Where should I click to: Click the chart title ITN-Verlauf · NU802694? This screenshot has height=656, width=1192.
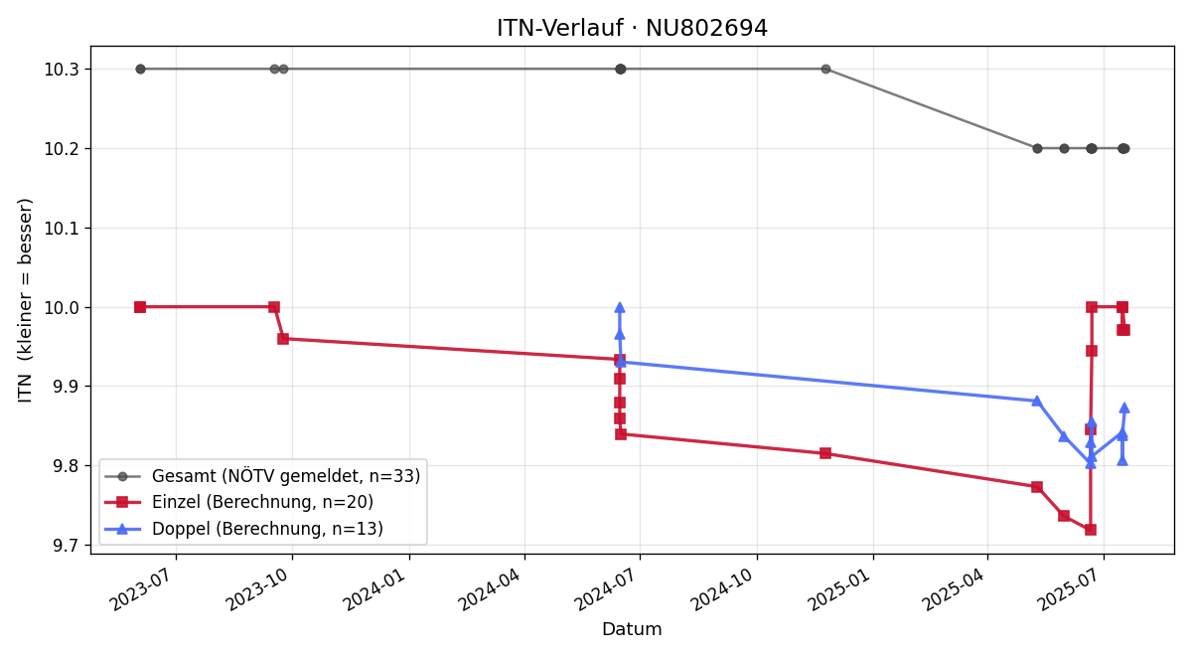pos(632,28)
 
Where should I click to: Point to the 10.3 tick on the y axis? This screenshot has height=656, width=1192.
pos(62,70)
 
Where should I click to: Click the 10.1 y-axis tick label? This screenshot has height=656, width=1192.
pos(62,229)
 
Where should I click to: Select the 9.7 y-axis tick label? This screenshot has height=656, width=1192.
pos(65,546)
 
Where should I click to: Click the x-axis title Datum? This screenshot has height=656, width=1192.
pos(632,629)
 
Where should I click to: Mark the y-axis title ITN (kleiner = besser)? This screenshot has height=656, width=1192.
pos(25,300)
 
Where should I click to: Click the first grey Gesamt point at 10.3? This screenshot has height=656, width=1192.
pos(140,70)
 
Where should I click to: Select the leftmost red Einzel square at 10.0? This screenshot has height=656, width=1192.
pos(140,307)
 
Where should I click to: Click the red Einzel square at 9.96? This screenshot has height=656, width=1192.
pos(283,339)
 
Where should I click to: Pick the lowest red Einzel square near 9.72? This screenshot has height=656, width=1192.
pos(1091,530)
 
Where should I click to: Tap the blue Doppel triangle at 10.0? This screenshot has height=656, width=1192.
pos(620,307)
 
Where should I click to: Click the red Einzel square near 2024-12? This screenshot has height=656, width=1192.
pos(825,453)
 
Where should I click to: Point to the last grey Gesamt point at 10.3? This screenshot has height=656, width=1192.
pos(825,70)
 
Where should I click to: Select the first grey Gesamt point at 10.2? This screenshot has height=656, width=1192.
pos(1037,148)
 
